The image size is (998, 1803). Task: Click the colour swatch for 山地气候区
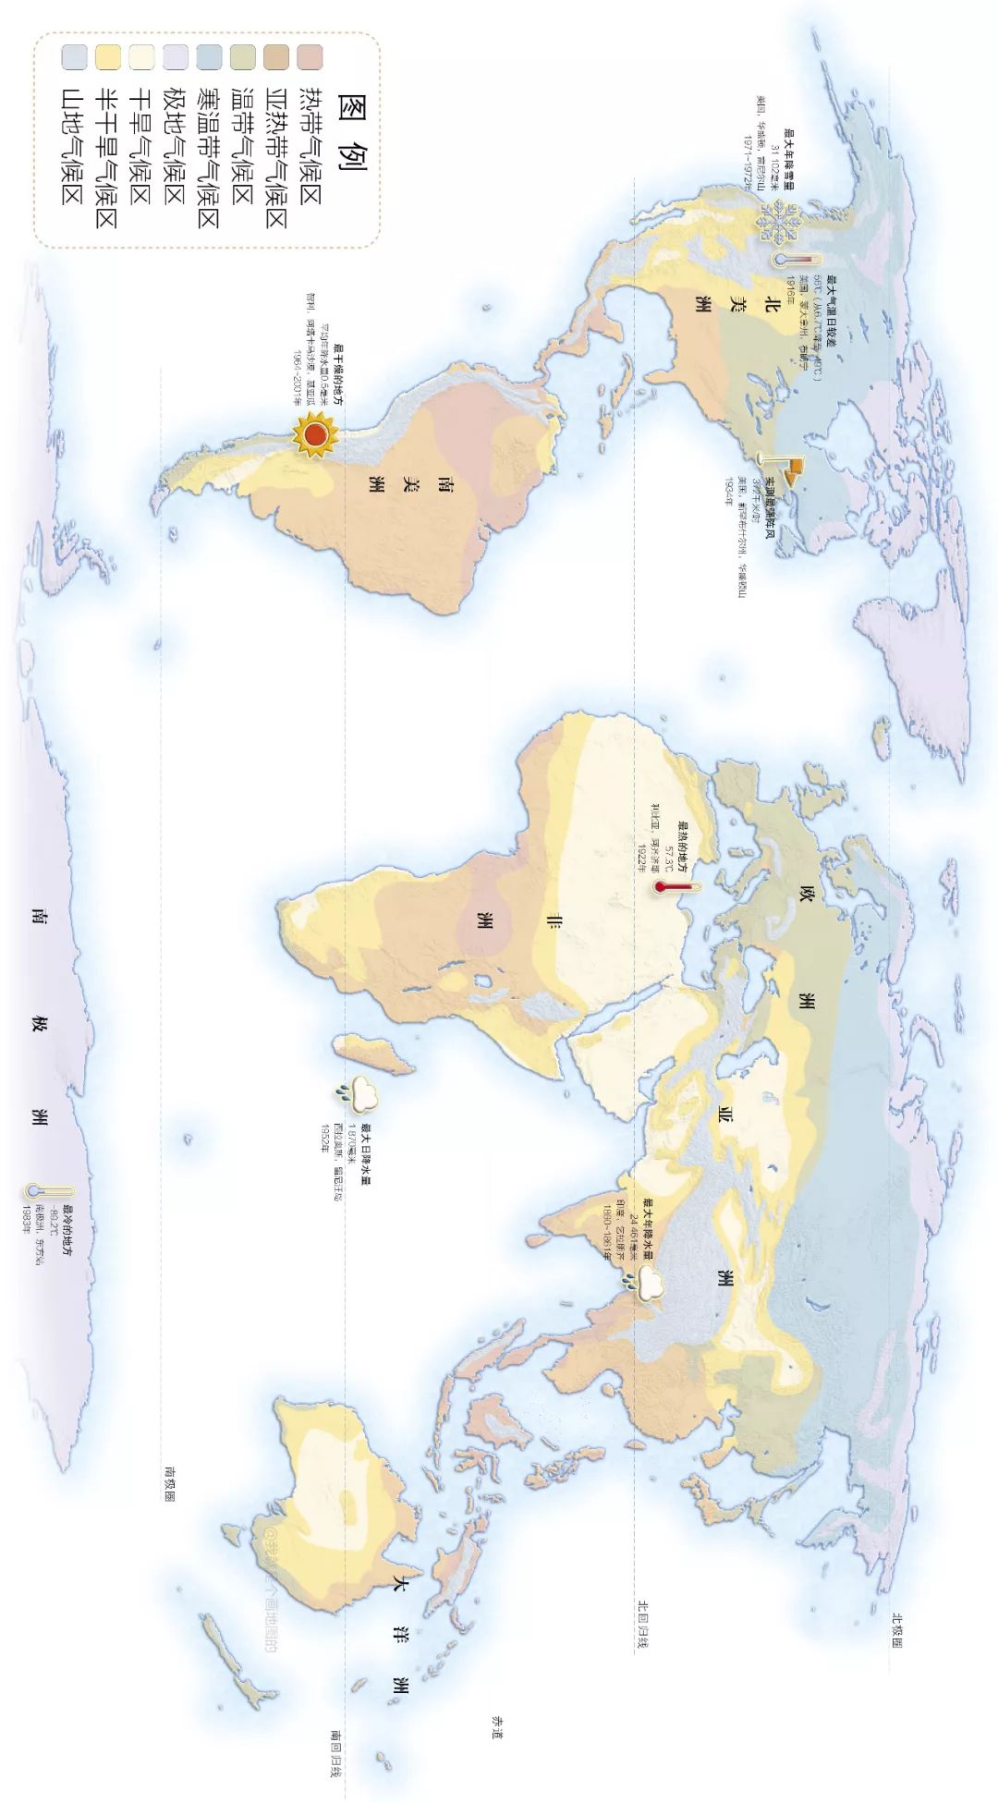pos(75,57)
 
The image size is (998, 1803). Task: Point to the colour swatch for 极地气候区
pos(176,57)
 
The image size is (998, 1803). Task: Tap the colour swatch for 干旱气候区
pos(142,57)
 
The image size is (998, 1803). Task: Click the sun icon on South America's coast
pos(313,434)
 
